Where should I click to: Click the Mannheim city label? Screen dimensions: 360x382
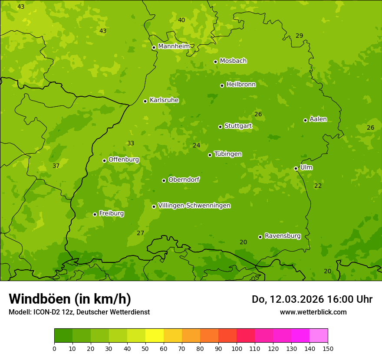pos(174,46)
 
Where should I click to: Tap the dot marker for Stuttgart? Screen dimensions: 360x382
pos(220,127)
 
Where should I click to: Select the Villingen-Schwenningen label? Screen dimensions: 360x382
pos(194,206)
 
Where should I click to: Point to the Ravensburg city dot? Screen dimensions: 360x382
pos(260,237)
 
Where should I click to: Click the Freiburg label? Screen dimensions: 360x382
pos(111,213)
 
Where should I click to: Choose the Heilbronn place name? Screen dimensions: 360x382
pos(241,85)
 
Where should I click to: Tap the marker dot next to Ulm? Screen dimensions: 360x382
pos(296,168)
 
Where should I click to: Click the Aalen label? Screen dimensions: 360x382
pos(318,119)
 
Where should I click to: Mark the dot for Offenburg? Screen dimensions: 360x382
pos(104,160)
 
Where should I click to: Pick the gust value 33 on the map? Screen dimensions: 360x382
pos(131,144)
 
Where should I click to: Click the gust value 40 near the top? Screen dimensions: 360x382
pos(181,20)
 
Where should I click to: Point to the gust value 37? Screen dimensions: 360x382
pos(56,166)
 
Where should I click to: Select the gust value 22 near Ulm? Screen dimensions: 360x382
pos(318,186)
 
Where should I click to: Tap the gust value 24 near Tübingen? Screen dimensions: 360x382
pos(197,146)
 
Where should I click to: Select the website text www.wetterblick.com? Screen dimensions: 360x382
pos(313,312)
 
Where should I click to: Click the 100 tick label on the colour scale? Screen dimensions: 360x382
pos(237,348)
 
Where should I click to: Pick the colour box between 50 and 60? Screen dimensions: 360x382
pos(155,336)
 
